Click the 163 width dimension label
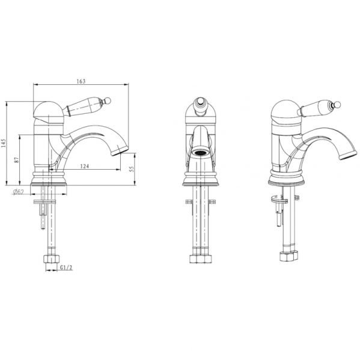[x=81, y=81]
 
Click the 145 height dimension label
[x=3, y=143]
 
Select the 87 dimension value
[x=17, y=160]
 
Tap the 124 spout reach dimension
[x=84, y=166]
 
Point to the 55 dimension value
[x=132, y=169]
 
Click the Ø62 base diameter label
[x=19, y=191]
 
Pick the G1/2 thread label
[x=66, y=268]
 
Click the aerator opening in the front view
[x=200, y=152]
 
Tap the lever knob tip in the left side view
[x=108, y=100]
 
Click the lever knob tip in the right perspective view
[x=338, y=104]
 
